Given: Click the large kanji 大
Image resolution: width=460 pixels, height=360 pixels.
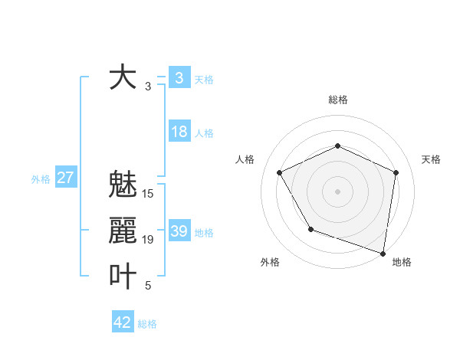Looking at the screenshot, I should click(x=123, y=77).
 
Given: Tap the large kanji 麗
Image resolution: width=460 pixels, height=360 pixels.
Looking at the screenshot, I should click(x=123, y=231).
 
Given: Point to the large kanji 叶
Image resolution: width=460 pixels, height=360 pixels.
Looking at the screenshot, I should click(x=123, y=277).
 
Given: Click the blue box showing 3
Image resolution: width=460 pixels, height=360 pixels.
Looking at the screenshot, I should click(x=179, y=77).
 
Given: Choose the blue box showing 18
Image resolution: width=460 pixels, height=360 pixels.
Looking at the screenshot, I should click(x=179, y=132).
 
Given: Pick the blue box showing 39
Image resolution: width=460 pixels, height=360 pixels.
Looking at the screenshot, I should click(x=179, y=231).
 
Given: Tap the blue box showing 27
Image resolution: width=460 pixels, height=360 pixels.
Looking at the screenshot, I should click(x=65, y=178).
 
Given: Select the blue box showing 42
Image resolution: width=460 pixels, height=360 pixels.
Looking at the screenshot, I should click(x=123, y=322).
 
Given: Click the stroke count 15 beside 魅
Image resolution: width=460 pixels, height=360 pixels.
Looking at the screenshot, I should click(x=148, y=194).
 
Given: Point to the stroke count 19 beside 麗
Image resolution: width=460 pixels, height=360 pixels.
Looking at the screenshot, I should click(x=148, y=240).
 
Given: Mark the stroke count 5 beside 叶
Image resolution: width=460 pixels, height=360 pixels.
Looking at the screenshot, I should click(x=148, y=286).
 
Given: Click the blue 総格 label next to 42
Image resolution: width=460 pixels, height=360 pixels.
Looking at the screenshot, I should click(x=147, y=324).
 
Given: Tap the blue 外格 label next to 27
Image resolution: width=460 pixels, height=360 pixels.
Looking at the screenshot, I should click(x=41, y=179).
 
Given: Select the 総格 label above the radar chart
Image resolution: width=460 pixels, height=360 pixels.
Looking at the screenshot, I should click(x=337, y=100).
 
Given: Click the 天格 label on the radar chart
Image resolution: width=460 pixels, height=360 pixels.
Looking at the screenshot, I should click(x=431, y=159).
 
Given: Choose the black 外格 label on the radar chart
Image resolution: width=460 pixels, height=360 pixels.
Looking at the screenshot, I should click(x=270, y=262).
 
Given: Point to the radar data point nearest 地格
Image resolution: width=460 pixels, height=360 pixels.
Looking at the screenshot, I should click(x=383, y=252).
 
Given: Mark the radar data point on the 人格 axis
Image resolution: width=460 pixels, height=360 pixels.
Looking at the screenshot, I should click(x=280, y=172).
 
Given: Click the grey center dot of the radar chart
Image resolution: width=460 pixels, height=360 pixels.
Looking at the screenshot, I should click(x=337, y=191).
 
